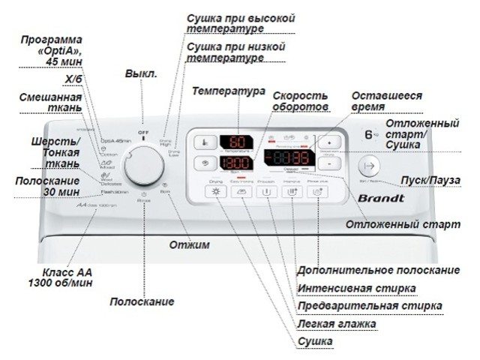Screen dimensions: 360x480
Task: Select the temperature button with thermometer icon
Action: (204, 142)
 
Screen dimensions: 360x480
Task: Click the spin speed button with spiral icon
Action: (204, 163)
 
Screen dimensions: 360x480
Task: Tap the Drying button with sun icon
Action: (217, 193)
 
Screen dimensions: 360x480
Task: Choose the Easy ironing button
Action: (241, 193)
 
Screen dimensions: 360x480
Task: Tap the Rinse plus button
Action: (318, 193)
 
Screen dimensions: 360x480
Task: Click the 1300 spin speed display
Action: (234, 163)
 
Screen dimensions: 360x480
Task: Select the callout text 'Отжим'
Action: (188, 245)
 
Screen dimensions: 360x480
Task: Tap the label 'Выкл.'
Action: (140, 74)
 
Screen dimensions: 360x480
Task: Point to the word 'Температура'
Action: (229, 91)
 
